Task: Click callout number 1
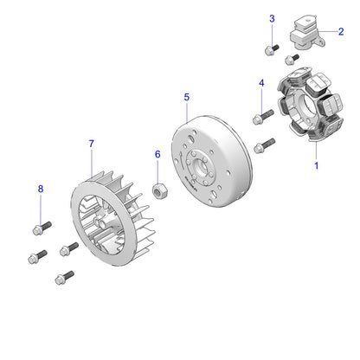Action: pos(316,164)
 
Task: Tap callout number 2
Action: pos(341,32)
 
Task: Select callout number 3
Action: pos(272,19)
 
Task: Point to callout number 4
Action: pos(260,83)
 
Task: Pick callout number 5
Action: pos(186,99)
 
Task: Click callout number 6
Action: pos(157,154)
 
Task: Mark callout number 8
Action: pos(40,189)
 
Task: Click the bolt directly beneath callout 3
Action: pos(272,49)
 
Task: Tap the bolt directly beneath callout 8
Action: pos(41,228)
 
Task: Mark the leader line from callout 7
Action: pos(92,164)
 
